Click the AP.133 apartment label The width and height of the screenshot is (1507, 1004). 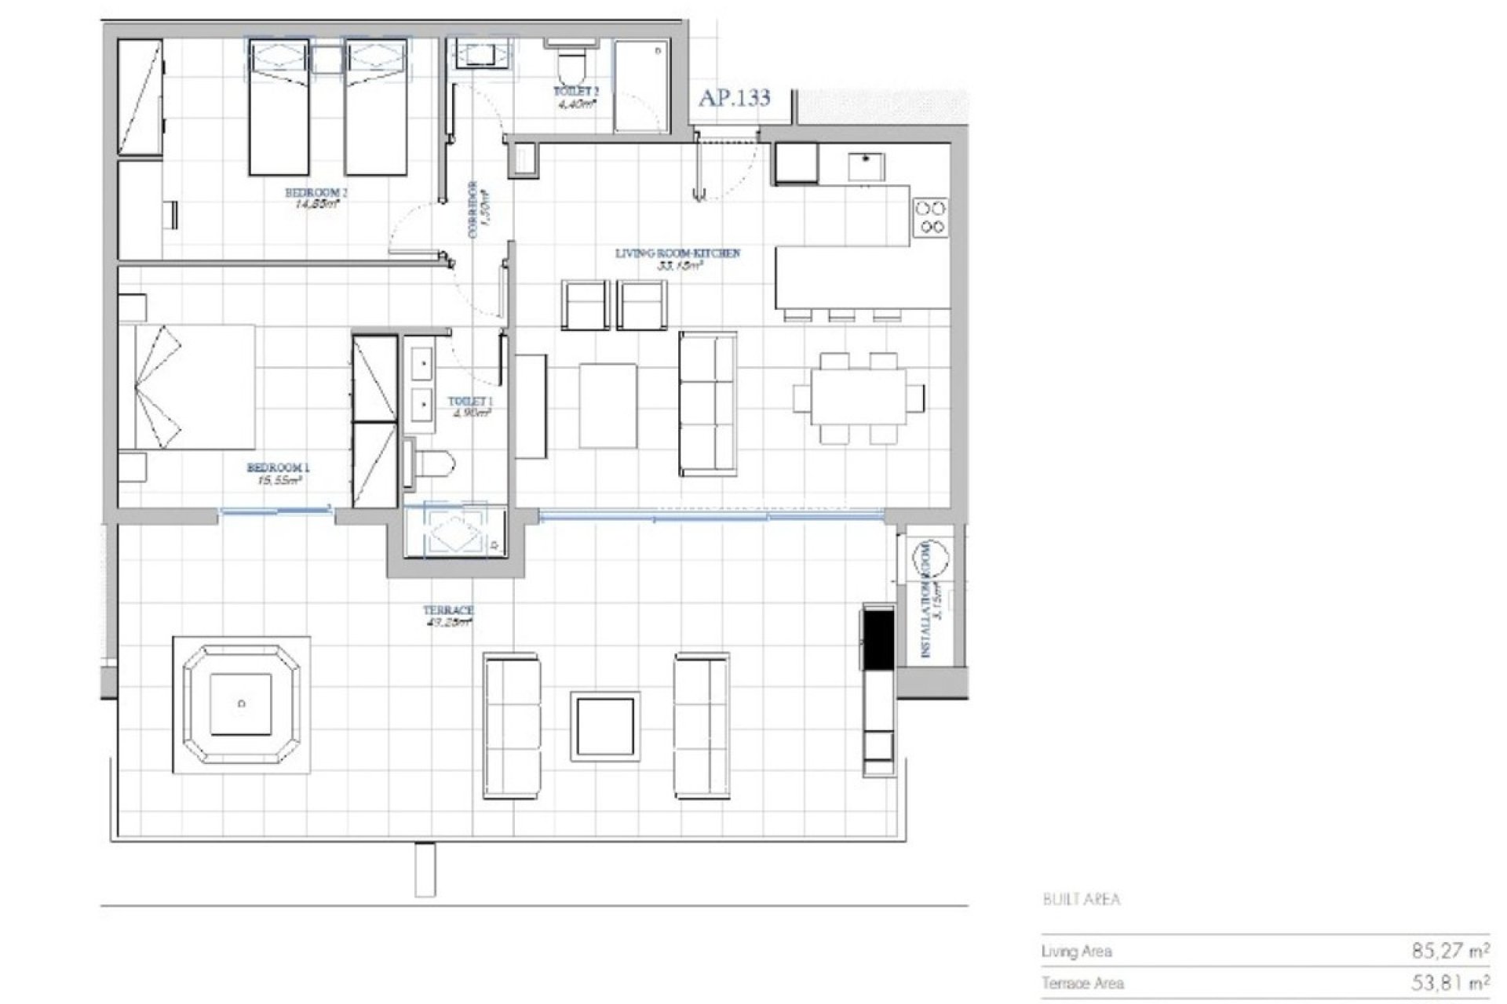click(734, 98)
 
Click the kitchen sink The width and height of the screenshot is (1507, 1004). click(866, 166)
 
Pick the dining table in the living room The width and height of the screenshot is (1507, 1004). click(858, 398)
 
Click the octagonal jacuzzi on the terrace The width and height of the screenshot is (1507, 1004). click(241, 704)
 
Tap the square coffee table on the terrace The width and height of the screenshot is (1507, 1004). click(604, 726)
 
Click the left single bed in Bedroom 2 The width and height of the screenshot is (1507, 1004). click(279, 107)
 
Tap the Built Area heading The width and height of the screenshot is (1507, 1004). click(1081, 899)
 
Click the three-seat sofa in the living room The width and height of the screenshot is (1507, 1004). click(707, 403)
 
